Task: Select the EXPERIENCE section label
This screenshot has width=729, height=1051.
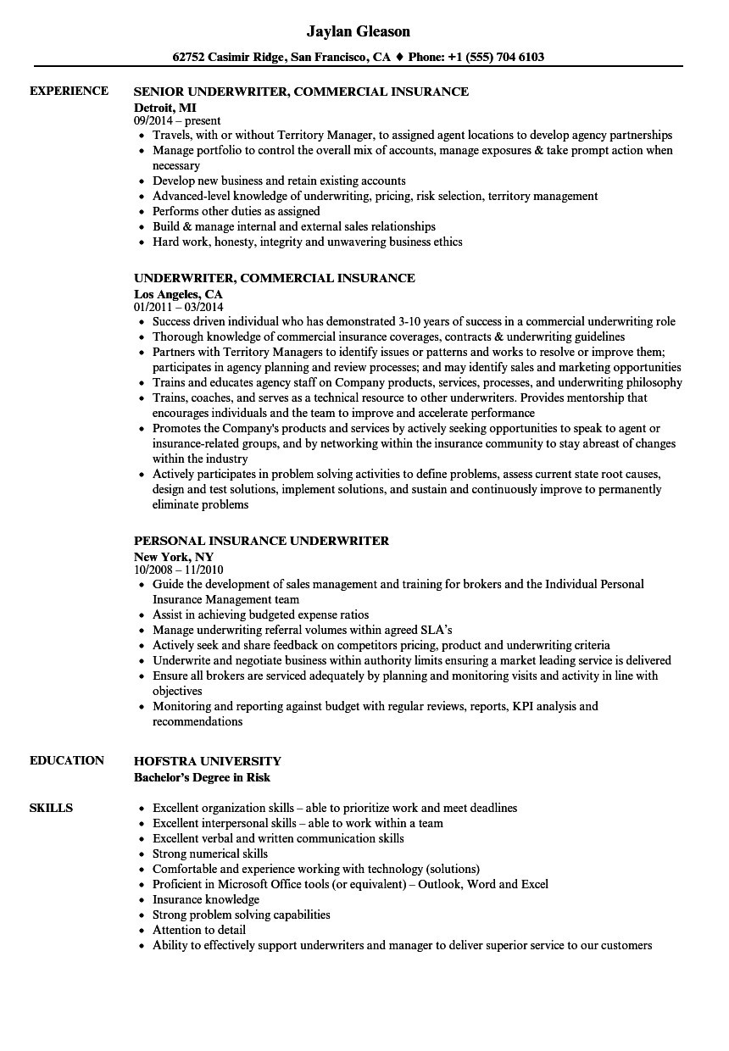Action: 69,91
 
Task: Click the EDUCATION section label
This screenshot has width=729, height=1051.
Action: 67,760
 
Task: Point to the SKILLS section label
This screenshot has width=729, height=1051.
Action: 51,808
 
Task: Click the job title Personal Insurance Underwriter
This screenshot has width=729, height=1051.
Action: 261,541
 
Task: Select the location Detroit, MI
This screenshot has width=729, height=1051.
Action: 165,106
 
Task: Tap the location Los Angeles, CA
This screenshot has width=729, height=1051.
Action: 178,292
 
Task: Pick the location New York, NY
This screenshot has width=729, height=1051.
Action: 174,556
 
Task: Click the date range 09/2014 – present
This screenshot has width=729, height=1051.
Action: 177,120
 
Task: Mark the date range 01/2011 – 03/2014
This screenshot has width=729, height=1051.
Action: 179,307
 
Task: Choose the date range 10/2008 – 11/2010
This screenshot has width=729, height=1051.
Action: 179,570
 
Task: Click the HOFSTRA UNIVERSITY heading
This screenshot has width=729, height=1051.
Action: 208,761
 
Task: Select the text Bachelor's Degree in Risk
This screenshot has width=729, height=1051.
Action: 203,776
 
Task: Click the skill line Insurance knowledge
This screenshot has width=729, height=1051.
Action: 206,899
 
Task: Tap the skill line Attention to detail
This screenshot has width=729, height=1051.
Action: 199,930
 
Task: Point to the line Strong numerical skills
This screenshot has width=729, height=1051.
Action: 210,854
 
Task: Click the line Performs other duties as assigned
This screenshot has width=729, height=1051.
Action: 237,211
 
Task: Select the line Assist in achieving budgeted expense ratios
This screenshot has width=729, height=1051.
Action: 260,614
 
